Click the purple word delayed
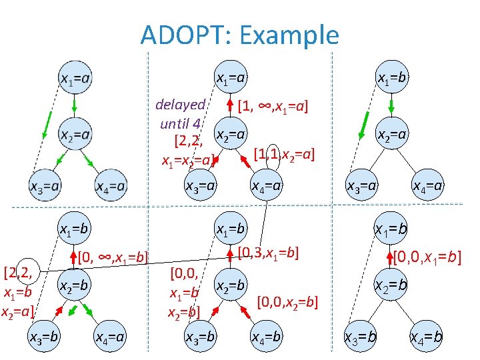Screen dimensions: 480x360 coord(180,105)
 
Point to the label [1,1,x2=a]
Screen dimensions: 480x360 coord(284,155)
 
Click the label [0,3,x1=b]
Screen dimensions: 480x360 coord(269,252)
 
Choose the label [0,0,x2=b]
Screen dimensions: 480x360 coord(287,301)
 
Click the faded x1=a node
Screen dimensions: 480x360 coord(75,79)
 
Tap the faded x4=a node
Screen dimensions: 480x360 coord(111,186)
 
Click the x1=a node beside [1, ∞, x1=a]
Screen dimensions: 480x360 coord(231,79)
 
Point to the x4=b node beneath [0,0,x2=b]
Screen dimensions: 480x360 coord(267,337)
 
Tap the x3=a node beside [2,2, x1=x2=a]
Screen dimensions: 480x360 coord(200,185)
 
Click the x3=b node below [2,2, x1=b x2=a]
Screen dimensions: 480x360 coord(45,337)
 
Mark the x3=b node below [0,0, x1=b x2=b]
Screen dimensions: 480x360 coord(200,337)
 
